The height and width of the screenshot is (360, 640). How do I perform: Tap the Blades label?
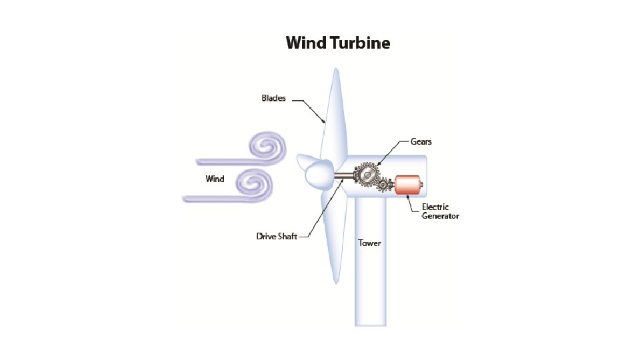click(273, 98)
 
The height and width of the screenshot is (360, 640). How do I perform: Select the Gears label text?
click(421, 142)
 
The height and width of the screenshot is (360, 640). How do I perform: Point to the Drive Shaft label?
click(277, 236)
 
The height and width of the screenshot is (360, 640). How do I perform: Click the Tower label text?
click(370, 243)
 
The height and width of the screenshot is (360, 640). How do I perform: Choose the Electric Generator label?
click(440, 211)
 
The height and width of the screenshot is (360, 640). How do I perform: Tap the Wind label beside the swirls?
click(215, 179)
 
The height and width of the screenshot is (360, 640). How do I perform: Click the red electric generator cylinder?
click(407, 185)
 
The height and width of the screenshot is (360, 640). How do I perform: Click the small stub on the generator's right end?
click(422, 185)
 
